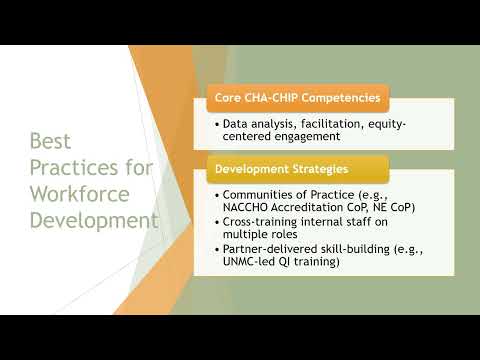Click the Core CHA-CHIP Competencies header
point(297,99)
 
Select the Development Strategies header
point(285,167)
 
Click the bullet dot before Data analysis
point(216,124)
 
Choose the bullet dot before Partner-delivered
point(216,250)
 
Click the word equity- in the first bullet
point(384,124)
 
